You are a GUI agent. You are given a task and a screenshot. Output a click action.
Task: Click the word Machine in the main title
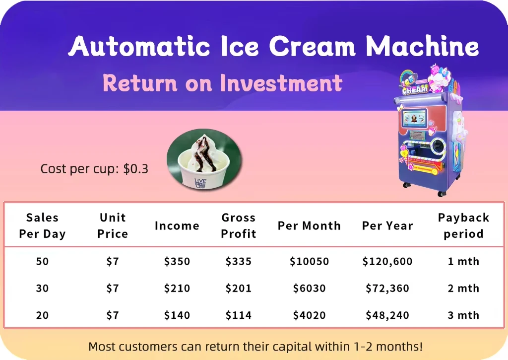click(422, 47)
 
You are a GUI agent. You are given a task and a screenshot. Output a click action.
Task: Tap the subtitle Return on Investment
click(222, 83)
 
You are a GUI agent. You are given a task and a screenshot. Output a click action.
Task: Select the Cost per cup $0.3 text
click(94, 169)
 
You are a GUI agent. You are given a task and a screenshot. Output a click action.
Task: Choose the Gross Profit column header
click(239, 225)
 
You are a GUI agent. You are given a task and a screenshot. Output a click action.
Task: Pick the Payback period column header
click(463, 225)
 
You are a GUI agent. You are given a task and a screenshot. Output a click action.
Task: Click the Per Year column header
click(387, 226)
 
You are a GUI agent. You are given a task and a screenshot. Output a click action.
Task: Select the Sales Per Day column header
click(42, 225)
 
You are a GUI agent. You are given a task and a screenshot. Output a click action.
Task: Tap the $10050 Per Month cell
click(309, 262)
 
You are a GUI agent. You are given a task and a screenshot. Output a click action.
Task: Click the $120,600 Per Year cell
click(387, 262)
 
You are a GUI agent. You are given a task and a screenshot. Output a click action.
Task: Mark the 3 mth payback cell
click(463, 315)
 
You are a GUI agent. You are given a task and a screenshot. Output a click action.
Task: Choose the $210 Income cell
click(177, 288)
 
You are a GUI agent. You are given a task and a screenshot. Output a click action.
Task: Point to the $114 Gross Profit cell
click(239, 315)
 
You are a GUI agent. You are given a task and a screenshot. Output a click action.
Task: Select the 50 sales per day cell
click(42, 262)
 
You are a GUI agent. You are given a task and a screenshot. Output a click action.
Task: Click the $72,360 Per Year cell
click(387, 288)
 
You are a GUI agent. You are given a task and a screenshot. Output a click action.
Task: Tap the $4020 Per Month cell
click(309, 315)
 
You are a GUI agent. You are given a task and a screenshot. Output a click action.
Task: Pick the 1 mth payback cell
click(463, 262)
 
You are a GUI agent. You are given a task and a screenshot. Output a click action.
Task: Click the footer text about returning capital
click(255, 346)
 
